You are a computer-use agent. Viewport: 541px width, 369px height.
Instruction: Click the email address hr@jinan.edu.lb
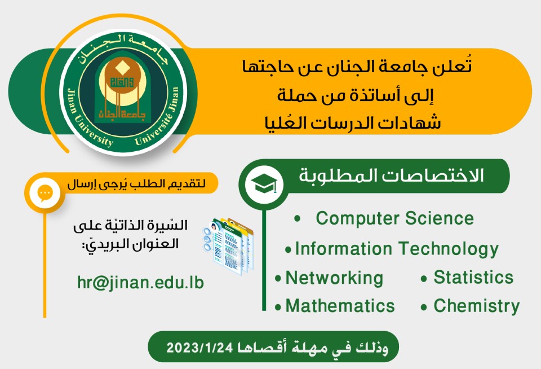(x=140, y=282)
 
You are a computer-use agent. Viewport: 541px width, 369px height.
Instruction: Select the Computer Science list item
(x=394, y=218)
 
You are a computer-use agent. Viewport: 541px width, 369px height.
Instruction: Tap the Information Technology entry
(x=397, y=249)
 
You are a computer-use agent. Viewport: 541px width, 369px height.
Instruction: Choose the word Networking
(x=334, y=278)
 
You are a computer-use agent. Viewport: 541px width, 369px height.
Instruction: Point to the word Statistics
(x=473, y=277)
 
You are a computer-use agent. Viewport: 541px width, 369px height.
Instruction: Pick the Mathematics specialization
(x=340, y=306)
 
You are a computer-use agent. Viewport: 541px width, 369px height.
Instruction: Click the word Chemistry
(x=477, y=306)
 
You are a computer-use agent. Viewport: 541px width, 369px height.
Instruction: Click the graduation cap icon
(x=264, y=184)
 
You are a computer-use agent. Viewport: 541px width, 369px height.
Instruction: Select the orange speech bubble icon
(x=45, y=194)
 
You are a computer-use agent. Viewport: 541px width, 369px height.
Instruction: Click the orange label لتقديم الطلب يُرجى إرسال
(x=136, y=184)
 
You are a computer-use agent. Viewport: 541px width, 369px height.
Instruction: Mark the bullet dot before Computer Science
(x=298, y=219)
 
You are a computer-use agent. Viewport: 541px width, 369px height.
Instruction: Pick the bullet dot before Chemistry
(x=424, y=307)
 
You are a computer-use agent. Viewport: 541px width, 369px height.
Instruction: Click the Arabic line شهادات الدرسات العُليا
(x=353, y=122)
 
